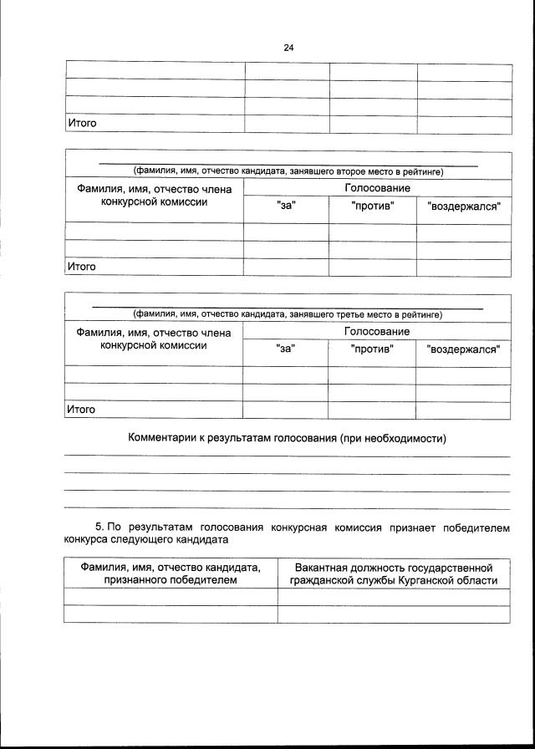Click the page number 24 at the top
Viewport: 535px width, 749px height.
[x=288, y=48]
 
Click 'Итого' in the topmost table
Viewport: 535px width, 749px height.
[x=82, y=124]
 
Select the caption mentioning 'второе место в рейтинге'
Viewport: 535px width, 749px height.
[x=288, y=172]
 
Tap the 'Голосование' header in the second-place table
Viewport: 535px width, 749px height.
[x=377, y=189]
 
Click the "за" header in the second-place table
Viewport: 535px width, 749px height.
[x=286, y=206]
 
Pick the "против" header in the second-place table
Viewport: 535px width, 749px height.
[x=372, y=206]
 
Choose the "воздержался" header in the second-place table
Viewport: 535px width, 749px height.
[x=464, y=206]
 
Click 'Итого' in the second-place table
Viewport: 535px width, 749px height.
[x=82, y=267]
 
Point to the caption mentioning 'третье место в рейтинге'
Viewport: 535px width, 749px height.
[x=288, y=315]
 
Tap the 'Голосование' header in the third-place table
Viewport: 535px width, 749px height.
[x=377, y=332]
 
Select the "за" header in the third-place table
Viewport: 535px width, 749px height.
[x=285, y=349]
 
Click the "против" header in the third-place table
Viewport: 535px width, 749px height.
[x=372, y=349]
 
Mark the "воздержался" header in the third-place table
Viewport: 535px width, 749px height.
[x=463, y=349]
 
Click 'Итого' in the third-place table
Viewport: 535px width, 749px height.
[x=82, y=410]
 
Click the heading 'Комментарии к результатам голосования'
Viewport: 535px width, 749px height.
[x=287, y=439]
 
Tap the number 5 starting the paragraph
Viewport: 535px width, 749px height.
[x=99, y=527]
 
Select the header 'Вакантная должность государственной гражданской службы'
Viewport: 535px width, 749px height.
[x=393, y=573]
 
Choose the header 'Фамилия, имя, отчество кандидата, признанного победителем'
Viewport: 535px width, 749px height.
[x=171, y=573]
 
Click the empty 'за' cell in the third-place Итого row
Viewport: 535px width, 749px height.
[x=285, y=410]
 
